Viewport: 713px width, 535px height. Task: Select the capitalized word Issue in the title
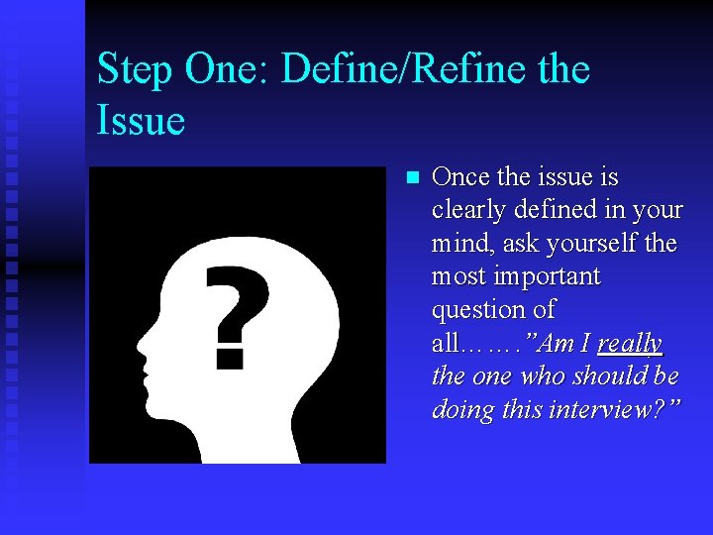pos(141,121)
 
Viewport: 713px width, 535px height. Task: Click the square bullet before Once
pos(413,178)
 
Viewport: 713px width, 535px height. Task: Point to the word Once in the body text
pos(461,177)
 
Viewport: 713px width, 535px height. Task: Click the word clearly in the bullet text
pos(471,210)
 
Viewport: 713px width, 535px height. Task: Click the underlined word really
pos(630,344)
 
